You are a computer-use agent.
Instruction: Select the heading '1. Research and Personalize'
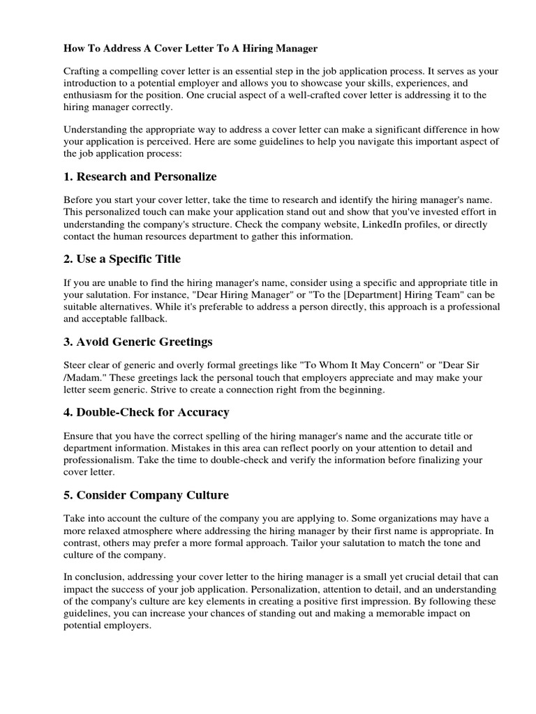[140, 176]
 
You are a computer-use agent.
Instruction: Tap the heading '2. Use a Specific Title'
[122, 259]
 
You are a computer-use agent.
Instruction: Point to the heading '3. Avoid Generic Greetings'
[137, 342]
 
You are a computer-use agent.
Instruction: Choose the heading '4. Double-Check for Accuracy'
[146, 412]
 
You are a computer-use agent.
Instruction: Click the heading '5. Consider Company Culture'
[145, 495]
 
